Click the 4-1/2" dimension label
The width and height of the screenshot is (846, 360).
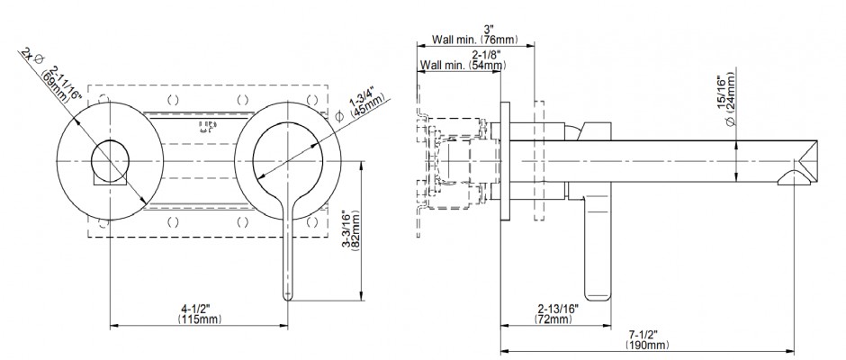(x=197, y=309)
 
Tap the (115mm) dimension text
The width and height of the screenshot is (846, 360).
(x=197, y=319)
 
